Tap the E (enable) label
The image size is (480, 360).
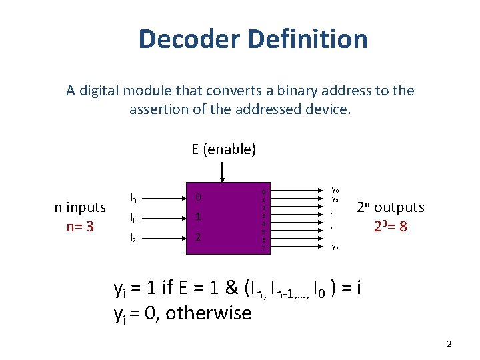tap(224, 149)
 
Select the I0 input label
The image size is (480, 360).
tap(133, 198)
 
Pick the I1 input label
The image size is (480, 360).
tap(133, 217)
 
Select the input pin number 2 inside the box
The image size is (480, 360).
tap(198, 237)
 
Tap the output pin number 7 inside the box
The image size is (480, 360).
tap(264, 248)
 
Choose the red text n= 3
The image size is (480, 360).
tap(80, 227)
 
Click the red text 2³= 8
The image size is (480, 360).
tap(391, 227)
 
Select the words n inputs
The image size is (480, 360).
tap(80, 207)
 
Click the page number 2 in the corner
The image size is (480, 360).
tap(449, 344)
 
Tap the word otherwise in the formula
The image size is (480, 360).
tap(208, 313)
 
